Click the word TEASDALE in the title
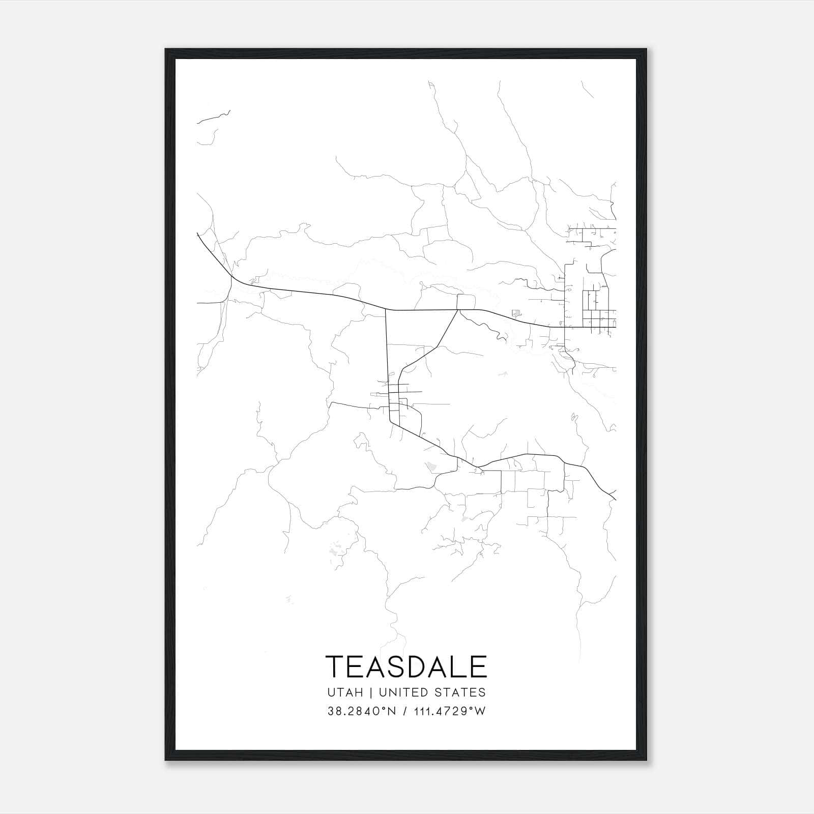pos(406,666)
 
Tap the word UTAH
pos(345,692)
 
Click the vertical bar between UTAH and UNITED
pos(370,692)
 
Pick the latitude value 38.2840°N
pos(361,711)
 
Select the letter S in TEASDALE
pos(396,666)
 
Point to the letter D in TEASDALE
pos(417,666)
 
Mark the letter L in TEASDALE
pos(460,666)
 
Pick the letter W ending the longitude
pos(481,711)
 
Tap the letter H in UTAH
pos(359,692)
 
